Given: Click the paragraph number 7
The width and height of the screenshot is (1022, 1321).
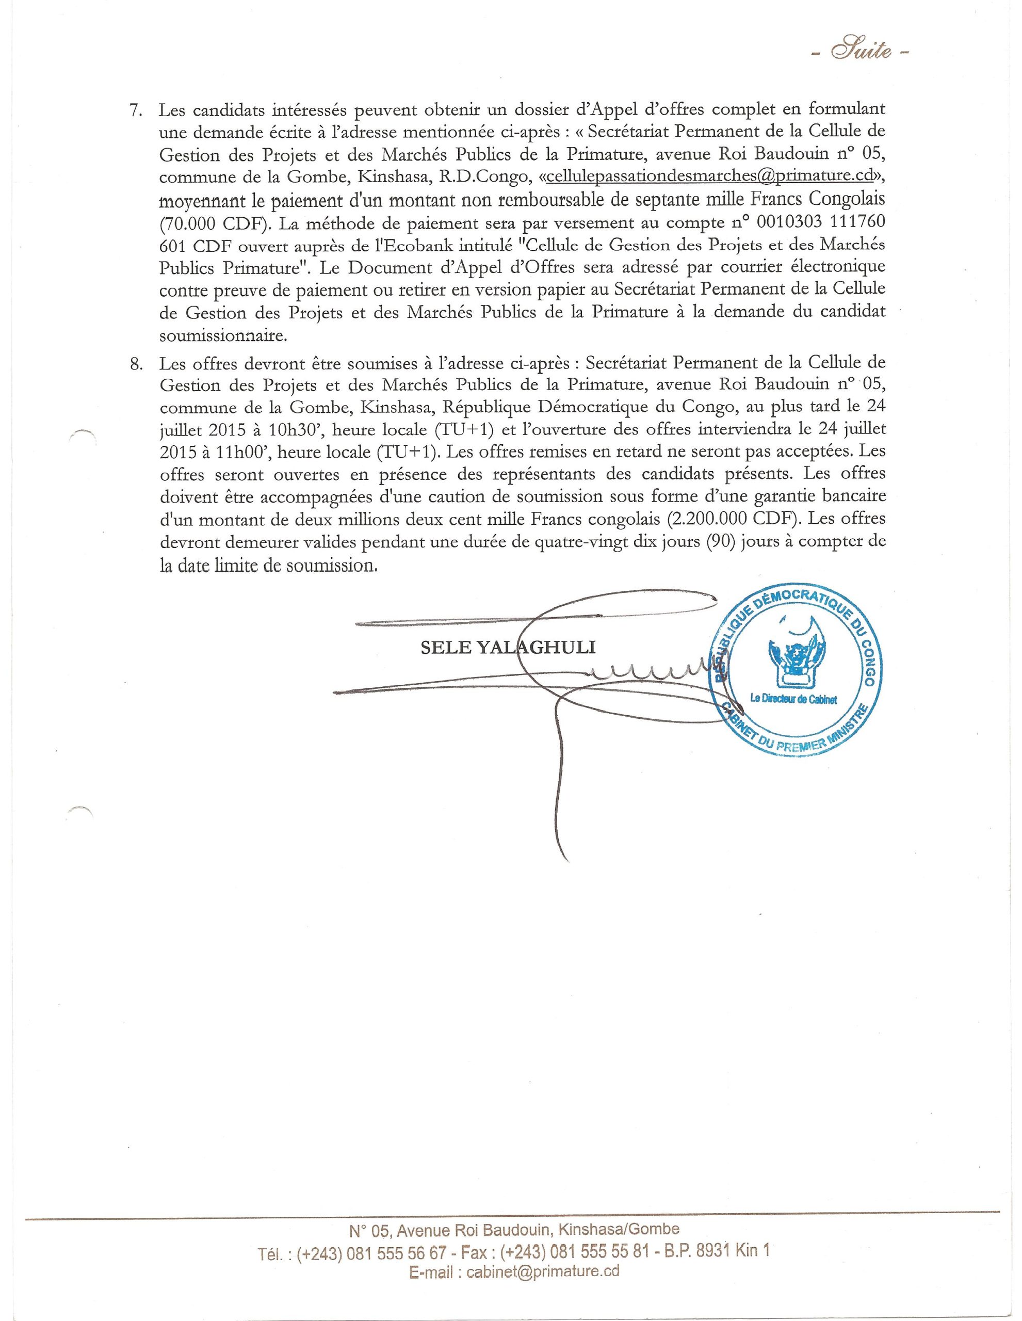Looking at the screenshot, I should tap(136, 110).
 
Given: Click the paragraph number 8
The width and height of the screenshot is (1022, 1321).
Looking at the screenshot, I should tap(136, 363).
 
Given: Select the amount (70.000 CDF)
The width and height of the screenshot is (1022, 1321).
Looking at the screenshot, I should tap(215, 222).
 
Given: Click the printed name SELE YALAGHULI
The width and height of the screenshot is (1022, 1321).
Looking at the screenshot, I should tap(508, 648).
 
